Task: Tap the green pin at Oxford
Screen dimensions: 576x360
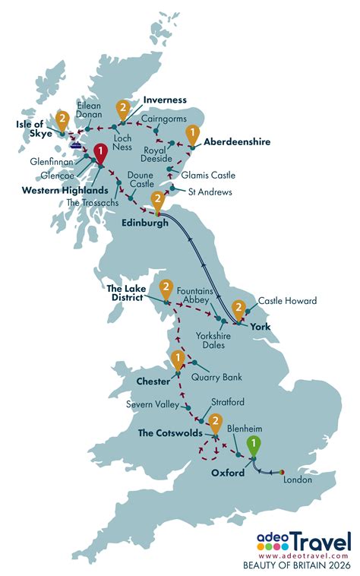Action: click(x=253, y=445)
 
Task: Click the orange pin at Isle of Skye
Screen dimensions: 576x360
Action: click(x=62, y=120)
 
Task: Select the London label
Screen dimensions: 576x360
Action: click(x=296, y=479)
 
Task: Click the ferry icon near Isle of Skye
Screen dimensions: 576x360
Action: click(x=76, y=141)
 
